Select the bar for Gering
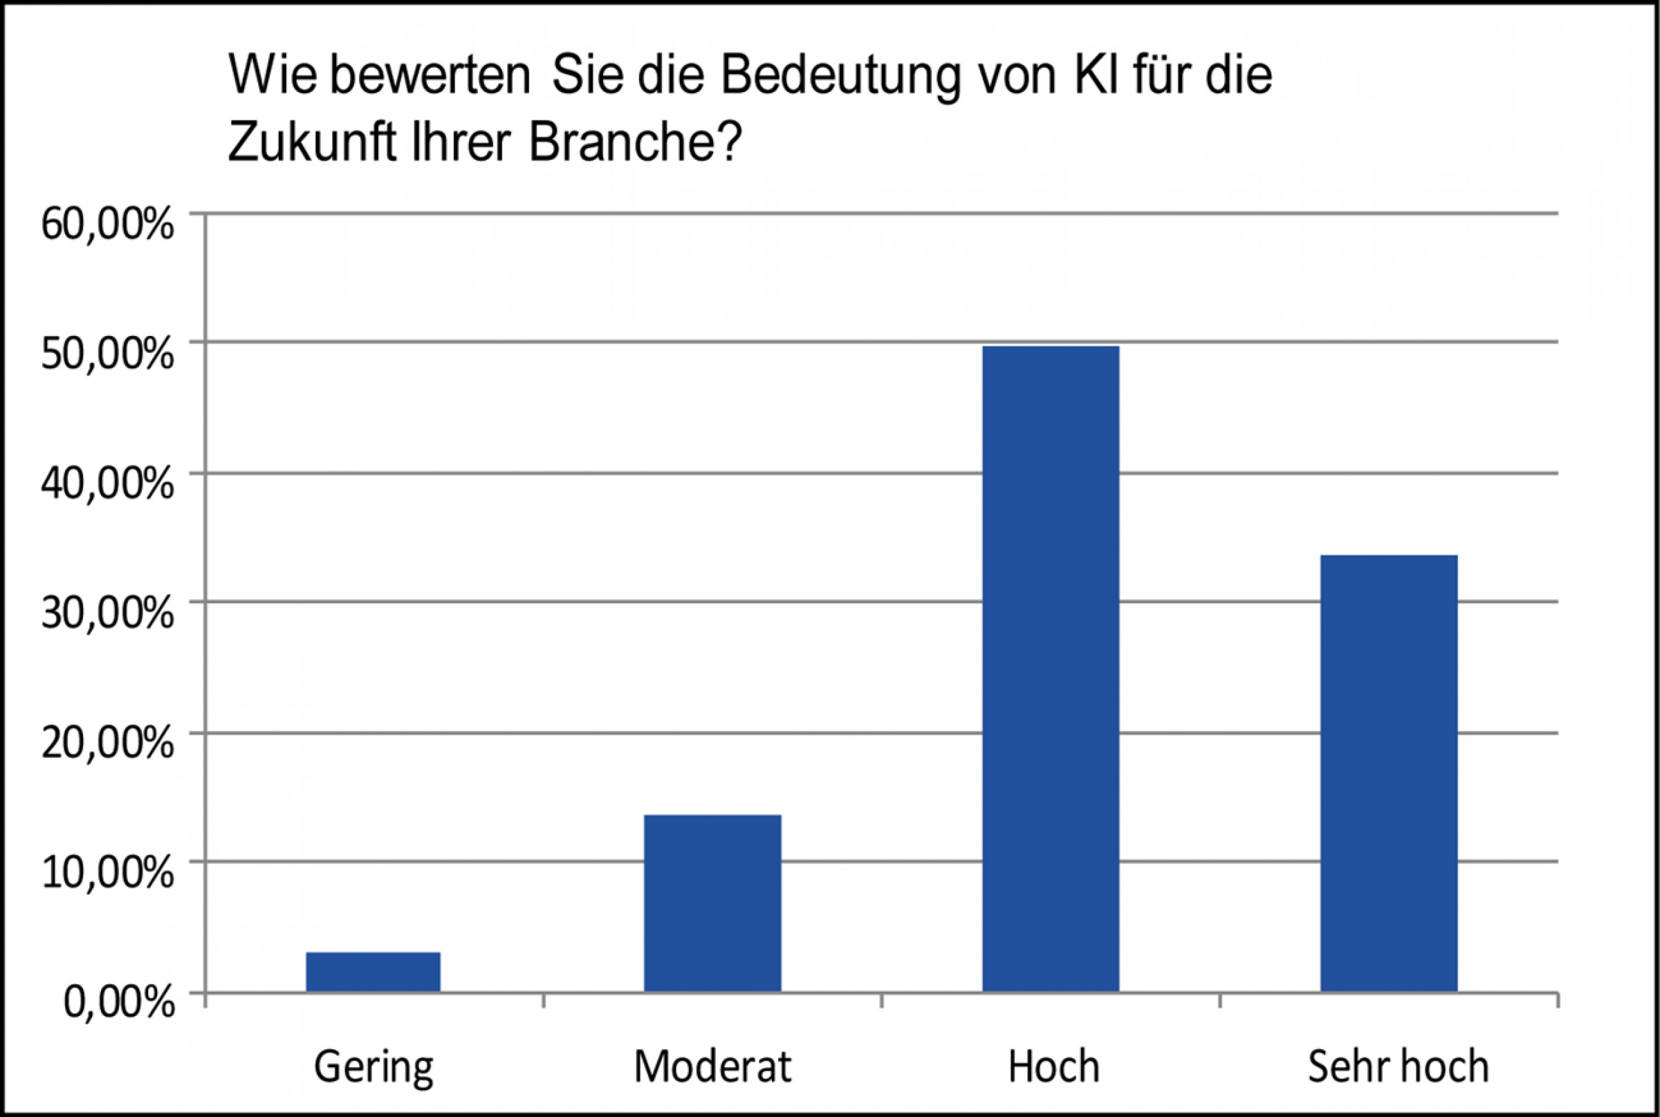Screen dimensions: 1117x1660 [x=373, y=972]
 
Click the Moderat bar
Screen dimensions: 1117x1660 [x=712, y=903]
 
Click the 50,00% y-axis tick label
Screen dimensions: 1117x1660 [x=107, y=354]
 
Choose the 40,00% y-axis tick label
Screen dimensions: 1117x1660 [x=107, y=483]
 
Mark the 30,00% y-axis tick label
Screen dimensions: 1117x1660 [x=107, y=613]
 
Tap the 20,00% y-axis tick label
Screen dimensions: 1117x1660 [x=107, y=744]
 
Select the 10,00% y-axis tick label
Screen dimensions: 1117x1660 [x=107, y=874]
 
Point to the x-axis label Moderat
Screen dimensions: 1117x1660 [x=712, y=1067]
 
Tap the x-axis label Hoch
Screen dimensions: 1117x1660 [x=1053, y=1067]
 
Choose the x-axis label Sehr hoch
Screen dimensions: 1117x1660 [x=1399, y=1067]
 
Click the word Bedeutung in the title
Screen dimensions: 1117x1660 [x=840, y=77]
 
